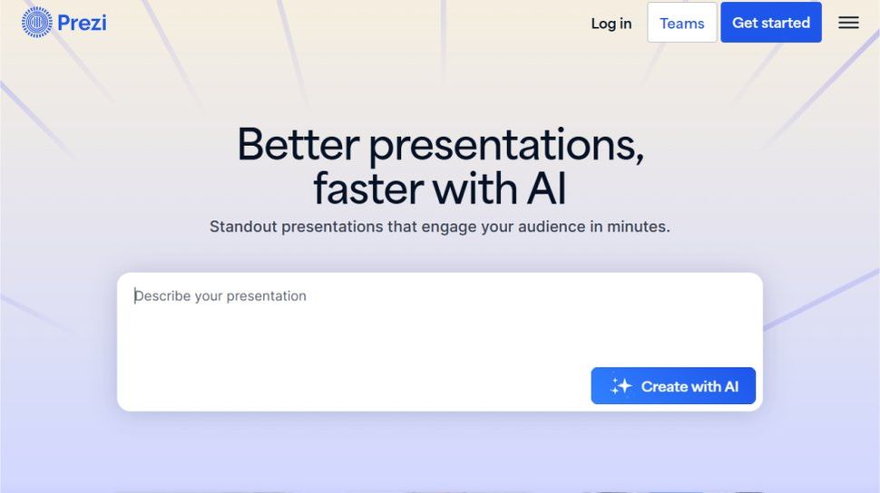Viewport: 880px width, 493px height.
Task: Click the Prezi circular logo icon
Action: (37, 22)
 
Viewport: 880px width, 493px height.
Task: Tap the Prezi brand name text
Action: (82, 22)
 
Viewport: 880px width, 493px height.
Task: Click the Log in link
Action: (611, 24)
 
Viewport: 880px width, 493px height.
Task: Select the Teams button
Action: (681, 24)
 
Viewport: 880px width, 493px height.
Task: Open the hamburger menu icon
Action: (848, 23)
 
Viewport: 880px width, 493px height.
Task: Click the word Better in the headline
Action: (298, 145)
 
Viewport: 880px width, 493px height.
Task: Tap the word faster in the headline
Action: (367, 188)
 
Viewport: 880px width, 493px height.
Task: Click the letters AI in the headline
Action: (546, 188)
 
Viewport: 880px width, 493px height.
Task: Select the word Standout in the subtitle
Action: (243, 227)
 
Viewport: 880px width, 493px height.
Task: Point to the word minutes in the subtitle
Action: (638, 227)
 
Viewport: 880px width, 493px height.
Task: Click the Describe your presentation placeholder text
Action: (221, 296)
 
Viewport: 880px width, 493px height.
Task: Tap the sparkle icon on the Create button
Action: (621, 386)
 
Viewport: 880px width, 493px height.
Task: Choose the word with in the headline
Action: (474, 188)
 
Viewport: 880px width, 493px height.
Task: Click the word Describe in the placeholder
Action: (164, 296)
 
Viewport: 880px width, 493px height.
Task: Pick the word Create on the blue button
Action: (664, 387)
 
